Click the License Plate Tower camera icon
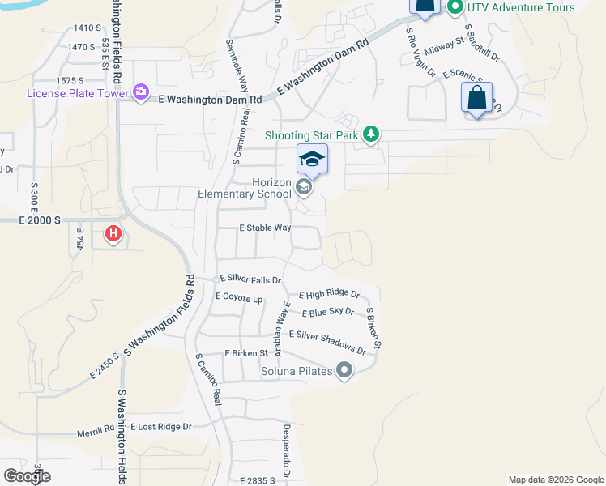point(141,92)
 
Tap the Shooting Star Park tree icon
point(371,134)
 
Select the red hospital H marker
point(113,235)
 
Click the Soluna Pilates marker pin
point(344,371)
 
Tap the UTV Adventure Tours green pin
point(454,7)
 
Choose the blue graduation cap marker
point(312,159)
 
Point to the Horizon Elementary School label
point(245,188)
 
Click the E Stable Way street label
point(265,228)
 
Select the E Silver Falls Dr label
point(250,279)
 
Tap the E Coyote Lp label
point(239,297)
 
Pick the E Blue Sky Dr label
point(328,312)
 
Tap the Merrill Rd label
point(96,430)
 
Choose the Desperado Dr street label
point(286,450)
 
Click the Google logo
point(26,476)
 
